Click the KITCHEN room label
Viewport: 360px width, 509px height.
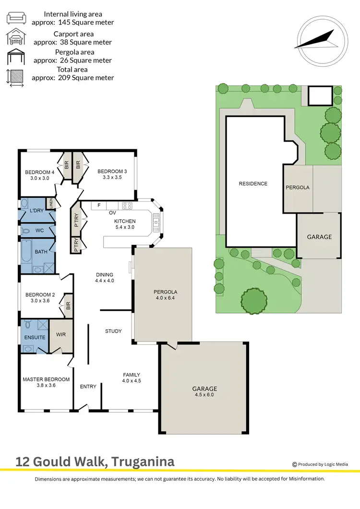point(125,221)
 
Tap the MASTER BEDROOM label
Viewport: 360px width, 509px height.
point(46,379)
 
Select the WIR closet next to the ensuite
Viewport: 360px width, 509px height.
point(61,334)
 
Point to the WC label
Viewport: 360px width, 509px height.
point(39,230)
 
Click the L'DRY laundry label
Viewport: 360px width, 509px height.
point(36,211)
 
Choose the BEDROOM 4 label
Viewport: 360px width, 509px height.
point(40,172)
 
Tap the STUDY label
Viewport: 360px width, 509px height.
point(113,331)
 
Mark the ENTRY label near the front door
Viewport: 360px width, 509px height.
point(88,387)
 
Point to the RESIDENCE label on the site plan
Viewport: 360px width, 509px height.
point(253,183)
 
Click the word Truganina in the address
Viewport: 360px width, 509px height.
point(144,462)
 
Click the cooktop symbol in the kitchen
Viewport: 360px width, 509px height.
point(127,206)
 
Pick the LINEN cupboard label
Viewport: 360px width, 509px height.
point(49,203)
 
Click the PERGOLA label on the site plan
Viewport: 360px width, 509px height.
point(298,187)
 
